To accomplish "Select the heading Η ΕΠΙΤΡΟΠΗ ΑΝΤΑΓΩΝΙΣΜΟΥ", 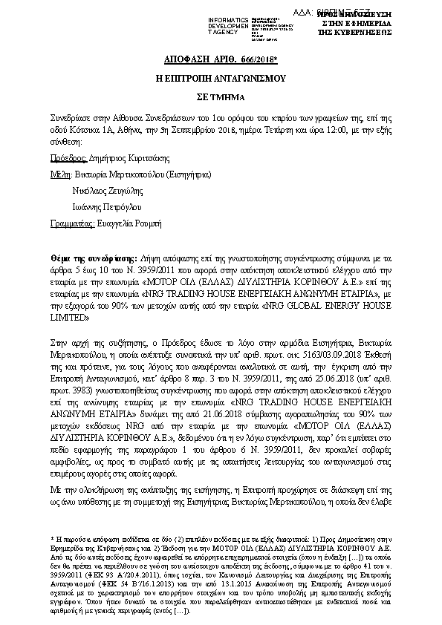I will point(220,77).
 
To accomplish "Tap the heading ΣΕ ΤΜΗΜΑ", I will point(221,96).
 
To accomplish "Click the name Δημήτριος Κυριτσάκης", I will point(129,158).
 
